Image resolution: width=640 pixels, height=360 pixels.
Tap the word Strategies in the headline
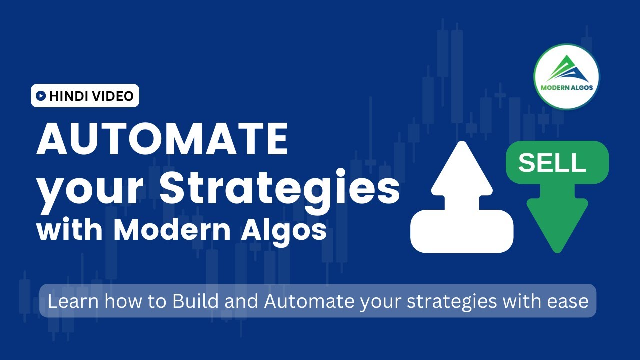coord(280,188)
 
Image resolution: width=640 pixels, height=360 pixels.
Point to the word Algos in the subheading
coord(282,231)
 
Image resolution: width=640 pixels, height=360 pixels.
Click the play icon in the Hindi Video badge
coord(41,96)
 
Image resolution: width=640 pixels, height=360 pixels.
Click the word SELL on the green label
coord(552,163)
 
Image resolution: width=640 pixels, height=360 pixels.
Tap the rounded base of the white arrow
coord(462,231)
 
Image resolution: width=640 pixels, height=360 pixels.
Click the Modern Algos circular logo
coord(566,76)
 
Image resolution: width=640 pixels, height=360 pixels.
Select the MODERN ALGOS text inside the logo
coord(566,88)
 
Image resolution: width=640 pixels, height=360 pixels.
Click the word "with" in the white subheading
coord(70,230)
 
